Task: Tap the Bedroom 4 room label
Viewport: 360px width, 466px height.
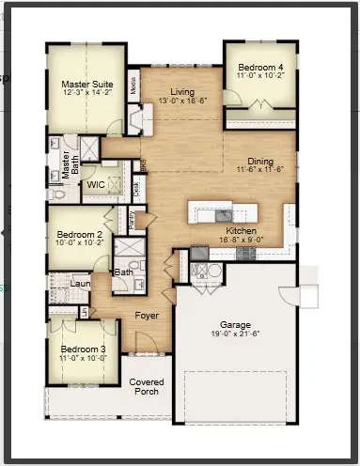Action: click(x=260, y=69)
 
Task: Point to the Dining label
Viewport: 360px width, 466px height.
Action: click(x=260, y=161)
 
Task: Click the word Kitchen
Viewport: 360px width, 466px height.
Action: click(x=243, y=230)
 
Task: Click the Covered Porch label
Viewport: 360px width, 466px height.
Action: click(x=147, y=386)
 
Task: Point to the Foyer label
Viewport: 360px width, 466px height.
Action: click(x=146, y=316)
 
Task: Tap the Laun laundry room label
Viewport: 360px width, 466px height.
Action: click(x=80, y=281)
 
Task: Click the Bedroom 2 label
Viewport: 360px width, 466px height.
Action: click(x=79, y=234)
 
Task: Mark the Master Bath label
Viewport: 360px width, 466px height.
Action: click(x=67, y=165)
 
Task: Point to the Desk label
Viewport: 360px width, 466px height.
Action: click(x=137, y=188)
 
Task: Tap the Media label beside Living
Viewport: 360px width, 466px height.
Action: click(x=134, y=85)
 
